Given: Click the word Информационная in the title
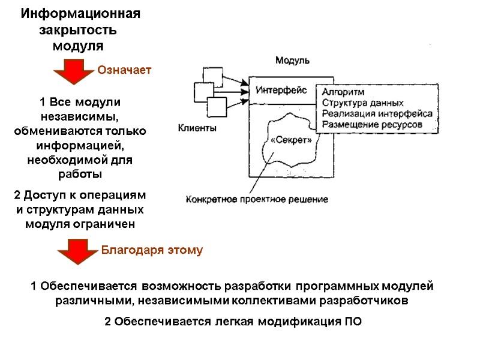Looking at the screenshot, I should pos(80,14).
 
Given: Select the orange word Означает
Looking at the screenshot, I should pos(124,70).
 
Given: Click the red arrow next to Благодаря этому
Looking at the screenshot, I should pos(74,251).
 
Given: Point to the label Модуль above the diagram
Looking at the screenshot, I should pos(292,60).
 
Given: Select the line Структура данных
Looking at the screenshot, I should pos(362,103).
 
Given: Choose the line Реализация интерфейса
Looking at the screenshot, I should pos(377,113).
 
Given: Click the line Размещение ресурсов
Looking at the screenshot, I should pos(372,124).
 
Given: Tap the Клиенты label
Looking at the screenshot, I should pos(197,127).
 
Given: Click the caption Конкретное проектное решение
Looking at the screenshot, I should pos(257,199).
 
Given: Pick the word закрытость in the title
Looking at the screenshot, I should pos(78,30).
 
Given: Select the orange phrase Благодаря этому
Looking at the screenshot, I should pos(151,250).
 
